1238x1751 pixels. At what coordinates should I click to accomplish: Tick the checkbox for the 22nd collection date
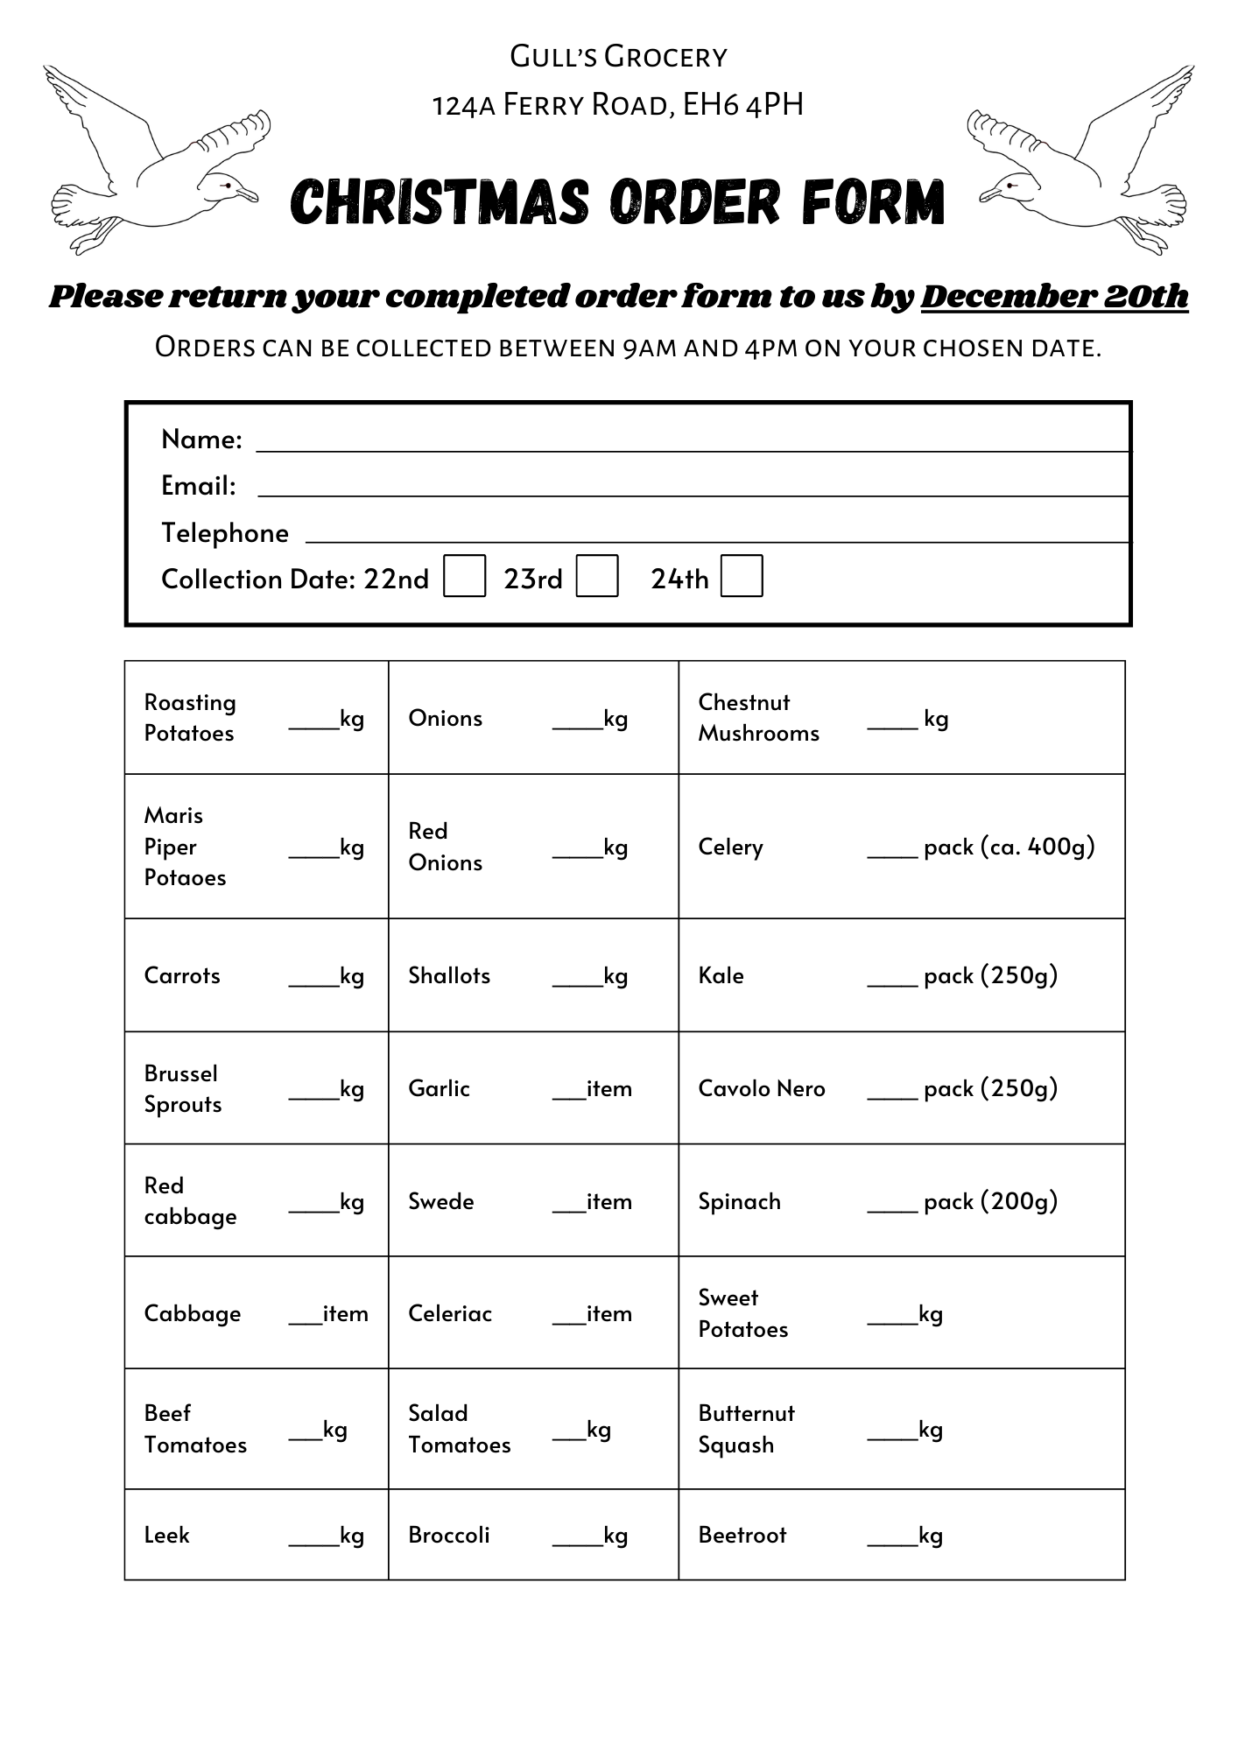tap(464, 576)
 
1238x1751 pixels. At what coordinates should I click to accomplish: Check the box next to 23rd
tap(597, 576)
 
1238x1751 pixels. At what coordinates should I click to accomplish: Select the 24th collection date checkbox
tap(742, 576)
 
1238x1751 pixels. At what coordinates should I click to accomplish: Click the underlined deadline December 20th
tap(1054, 296)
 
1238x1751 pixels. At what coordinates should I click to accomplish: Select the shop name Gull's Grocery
tap(618, 57)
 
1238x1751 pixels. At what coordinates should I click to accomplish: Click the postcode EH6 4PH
tap(742, 105)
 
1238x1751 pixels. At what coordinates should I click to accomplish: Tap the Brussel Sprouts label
tap(182, 1088)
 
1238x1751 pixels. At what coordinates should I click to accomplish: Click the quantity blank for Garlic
tap(568, 1091)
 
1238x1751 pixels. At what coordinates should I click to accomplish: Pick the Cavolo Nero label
tap(762, 1088)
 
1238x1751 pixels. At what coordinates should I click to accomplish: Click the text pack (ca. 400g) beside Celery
tap(1009, 847)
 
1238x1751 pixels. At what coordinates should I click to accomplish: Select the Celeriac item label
tap(450, 1313)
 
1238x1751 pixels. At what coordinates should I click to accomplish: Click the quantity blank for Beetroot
tap(891, 1538)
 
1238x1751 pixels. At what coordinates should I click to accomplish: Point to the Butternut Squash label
tap(746, 1429)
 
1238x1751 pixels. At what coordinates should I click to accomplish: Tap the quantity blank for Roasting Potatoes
tap(313, 721)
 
